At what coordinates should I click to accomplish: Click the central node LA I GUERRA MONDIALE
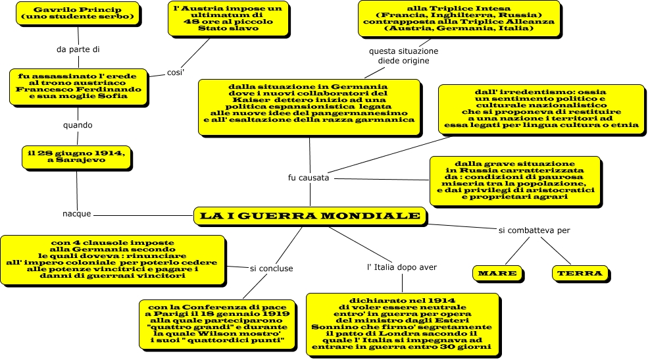coord(309,216)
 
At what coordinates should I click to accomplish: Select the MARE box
coord(497,273)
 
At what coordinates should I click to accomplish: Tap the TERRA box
coord(579,273)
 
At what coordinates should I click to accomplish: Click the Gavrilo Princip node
coord(78,13)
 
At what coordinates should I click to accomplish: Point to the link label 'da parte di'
coord(78,49)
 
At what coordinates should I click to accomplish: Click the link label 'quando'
coord(78,124)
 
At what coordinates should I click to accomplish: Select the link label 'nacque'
coord(76,215)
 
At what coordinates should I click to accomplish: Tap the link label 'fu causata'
coord(309,178)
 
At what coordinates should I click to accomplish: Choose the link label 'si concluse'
coord(272,268)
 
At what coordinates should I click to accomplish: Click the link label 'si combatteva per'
coord(534,230)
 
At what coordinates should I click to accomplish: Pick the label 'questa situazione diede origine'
coord(403,55)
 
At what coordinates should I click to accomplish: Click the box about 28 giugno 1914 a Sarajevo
coord(77,156)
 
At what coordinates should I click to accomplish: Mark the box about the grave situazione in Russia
coord(514,179)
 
